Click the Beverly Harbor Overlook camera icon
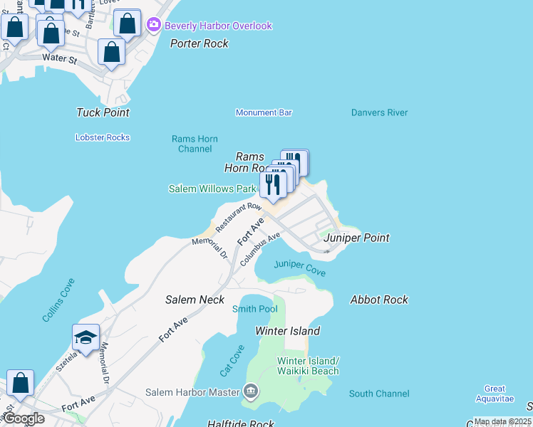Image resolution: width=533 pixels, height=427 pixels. (x=154, y=26)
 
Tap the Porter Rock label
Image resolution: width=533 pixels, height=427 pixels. (x=200, y=43)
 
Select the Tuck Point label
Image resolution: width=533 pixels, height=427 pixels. (x=103, y=112)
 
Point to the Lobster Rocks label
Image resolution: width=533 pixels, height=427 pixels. (x=103, y=137)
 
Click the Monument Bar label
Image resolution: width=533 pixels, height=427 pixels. (x=264, y=112)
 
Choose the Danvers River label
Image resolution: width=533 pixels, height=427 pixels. (x=379, y=112)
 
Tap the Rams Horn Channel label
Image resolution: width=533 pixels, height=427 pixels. (x=195, y=144)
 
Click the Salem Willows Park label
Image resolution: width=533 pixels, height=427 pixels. (x=212, y=189)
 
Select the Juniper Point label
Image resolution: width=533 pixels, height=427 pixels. (x=356, y=238)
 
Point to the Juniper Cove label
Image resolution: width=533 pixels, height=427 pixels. (x=300, y=268)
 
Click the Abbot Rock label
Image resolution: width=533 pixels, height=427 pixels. (x=379, y=300)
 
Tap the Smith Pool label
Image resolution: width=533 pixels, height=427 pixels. (x=254, y=309)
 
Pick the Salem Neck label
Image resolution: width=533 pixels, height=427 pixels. (x=195, y=300)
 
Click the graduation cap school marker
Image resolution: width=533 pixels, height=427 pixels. (x=86, y=337)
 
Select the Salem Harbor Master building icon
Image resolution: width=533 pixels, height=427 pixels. (x=250, y=391)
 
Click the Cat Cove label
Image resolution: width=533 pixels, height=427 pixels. (x=232, y=361)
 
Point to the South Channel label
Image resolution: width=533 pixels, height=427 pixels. (x=379, y=394)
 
